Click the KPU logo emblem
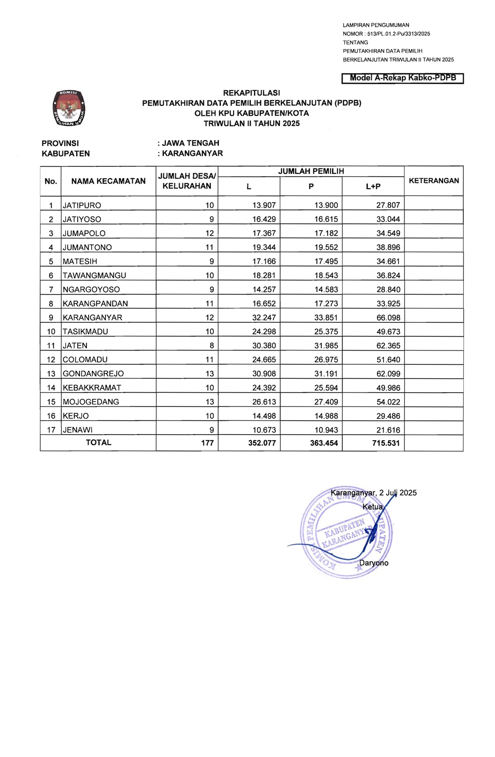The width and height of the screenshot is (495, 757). click(x=69, y=108)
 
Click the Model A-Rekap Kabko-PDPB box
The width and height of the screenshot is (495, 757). click(x=402, y=78)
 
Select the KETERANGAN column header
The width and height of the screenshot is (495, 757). click(x=434, y=181)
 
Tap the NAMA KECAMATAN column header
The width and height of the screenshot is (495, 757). click(x=108, y=181)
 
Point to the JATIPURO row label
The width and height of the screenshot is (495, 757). click(x=82, y=205)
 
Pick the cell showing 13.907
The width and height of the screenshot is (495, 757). click(x=264, y=205)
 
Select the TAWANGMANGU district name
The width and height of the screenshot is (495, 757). click(x=95, y=275)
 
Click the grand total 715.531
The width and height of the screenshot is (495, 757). click(x=386, y=443)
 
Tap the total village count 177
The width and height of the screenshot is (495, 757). click(x=207, y=443)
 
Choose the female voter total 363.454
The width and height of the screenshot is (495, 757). click(x=324, y=443)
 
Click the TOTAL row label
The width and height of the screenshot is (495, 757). click(x=99, y=443)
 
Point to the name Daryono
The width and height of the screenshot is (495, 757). click(x=374, y=563)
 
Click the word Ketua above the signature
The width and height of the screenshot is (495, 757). click(x=373, y=507)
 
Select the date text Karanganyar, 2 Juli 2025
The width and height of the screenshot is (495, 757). click(x=373, y=493)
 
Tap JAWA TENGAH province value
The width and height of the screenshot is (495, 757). click(x=191, y=143)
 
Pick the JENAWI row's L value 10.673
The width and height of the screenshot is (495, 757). click(x=264, y=430)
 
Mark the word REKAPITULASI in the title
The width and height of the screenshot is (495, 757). click(x=251, y=93)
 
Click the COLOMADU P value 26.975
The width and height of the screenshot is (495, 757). click(x=326, y=359)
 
